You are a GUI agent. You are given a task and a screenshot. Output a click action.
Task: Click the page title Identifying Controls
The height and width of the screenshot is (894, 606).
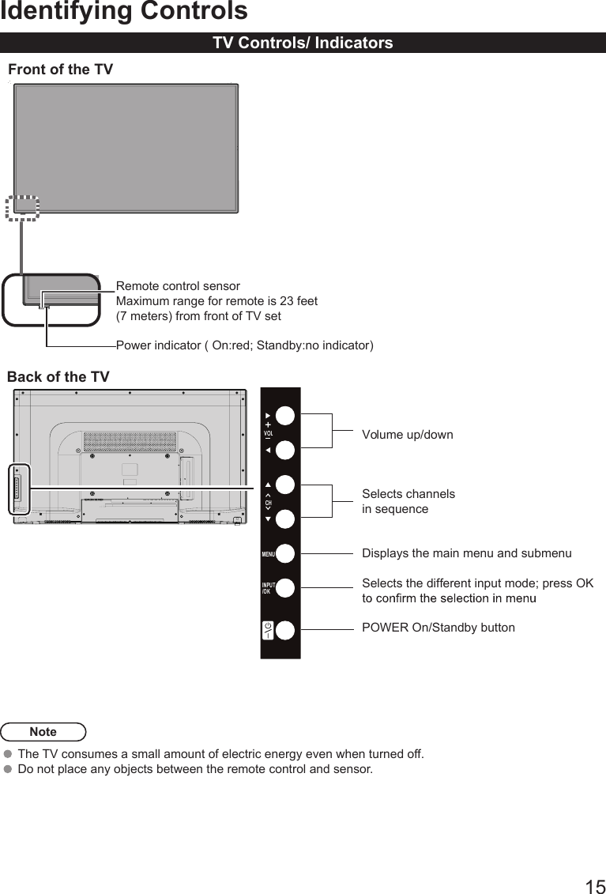[x=123, y=12]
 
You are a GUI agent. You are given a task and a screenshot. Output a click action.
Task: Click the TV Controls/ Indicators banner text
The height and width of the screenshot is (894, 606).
[x=303, y=43]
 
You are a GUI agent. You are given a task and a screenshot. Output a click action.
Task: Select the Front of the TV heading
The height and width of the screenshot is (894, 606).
[x=60, y=70]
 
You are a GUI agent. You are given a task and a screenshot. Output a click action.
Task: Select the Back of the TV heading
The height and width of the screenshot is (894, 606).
[x=58, y=377]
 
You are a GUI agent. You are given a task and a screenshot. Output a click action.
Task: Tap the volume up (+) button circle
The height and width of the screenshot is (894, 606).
[x=285, y=416]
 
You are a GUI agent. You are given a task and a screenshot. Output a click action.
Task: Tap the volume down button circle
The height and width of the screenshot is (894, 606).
[x=285, y=450]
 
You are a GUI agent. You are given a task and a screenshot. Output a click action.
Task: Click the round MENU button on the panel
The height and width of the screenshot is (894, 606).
[x=285, y=553]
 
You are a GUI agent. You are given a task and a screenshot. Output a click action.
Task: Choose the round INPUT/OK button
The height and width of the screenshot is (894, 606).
[x=285, y=588]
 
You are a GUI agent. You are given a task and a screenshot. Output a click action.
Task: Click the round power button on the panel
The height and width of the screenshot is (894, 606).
[x=285, y=630]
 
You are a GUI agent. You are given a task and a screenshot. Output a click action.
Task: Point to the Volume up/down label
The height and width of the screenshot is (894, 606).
[x=407, y=435]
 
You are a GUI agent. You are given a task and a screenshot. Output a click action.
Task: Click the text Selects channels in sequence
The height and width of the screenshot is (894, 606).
[x=408, y=501]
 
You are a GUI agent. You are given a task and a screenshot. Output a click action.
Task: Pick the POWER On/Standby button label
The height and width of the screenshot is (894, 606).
[x=438, y=628]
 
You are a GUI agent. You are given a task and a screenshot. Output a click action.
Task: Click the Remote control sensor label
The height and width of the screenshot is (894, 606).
[x=178, y=286]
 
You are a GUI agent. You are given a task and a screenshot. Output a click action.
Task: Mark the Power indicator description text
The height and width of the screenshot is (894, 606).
[x=245, y=345]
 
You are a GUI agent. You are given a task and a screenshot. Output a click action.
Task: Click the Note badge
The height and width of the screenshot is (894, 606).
[x=43, y=732]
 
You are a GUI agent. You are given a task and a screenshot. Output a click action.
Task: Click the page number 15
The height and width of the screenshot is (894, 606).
[x=595, y=886]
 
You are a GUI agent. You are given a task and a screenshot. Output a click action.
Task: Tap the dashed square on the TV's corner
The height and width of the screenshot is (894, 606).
[x=22, y=207]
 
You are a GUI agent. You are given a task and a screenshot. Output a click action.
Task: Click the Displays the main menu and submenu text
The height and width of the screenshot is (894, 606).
[x=466, y=553]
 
